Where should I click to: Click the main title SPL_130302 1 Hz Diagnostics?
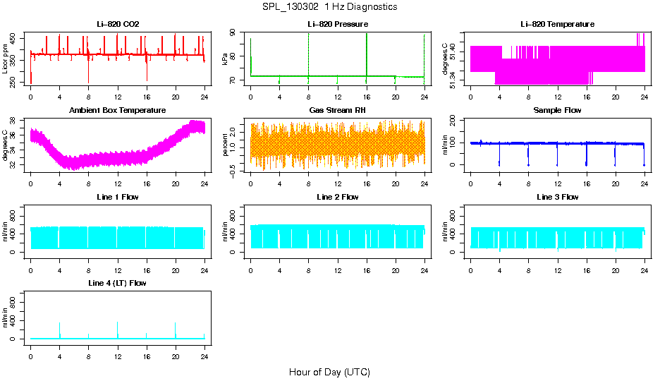tap(329, 7)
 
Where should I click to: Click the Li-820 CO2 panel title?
tap(118, 24)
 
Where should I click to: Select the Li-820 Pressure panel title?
tap(337, 24)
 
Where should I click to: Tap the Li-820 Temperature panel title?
tap(557, 24)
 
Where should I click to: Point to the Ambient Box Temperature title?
tap(118, 111)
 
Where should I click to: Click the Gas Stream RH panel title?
tap(337, 111)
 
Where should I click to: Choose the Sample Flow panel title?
tap(557, 111)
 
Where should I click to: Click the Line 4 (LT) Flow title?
tap(118, 283)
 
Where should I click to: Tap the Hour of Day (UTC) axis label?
tap(329, 372)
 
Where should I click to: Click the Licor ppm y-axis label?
tap(6, 59)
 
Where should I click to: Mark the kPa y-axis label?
tap(225, 59)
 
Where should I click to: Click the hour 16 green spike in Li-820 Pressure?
tap(367, 53)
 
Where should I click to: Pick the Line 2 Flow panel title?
tap(337, 197)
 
